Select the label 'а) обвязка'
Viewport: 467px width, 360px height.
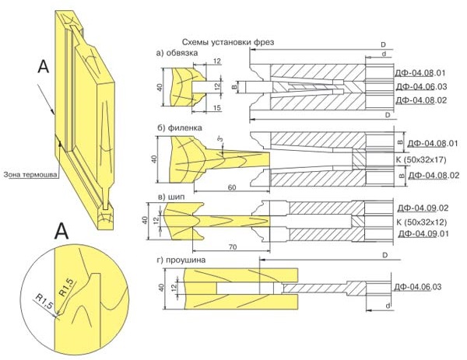(177, 53)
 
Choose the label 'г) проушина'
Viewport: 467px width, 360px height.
(181, 259)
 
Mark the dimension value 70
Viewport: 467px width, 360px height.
(232, 246)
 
